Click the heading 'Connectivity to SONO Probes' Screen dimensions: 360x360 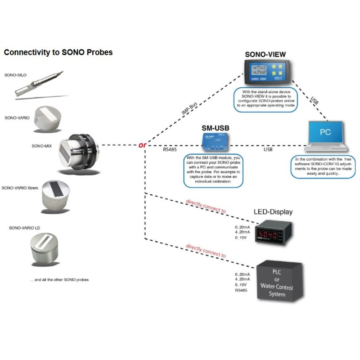58,53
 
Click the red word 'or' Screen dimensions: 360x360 142,145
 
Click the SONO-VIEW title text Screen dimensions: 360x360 265,55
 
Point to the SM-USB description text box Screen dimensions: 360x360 213,171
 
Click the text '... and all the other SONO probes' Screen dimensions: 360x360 59,279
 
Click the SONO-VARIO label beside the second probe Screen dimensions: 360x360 18,118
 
